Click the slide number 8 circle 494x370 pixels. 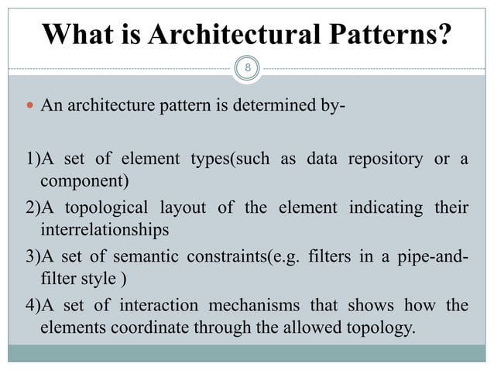point(247,68)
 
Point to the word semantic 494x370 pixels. point(135,255)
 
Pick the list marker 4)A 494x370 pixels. point(22,302)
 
